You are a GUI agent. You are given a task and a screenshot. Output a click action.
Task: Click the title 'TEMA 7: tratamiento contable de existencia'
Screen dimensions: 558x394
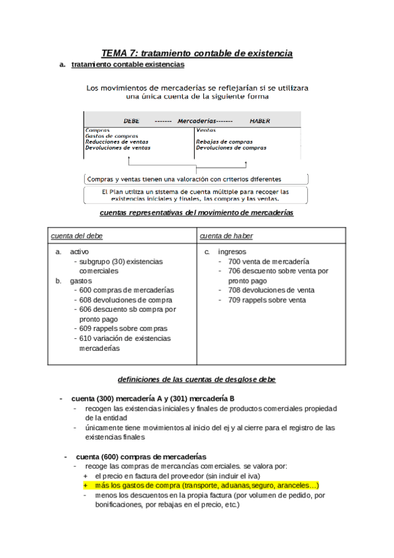[x=197, y=53]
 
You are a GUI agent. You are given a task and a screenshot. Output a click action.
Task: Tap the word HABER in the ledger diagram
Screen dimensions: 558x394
[x=260, y=121]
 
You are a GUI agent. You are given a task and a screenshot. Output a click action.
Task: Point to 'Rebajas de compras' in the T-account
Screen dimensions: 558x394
[x=224, y=141]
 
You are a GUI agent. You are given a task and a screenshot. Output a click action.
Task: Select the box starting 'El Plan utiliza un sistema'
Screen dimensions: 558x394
[x=196, y=195]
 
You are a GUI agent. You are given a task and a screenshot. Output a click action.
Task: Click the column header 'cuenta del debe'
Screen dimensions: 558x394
[x=78, y=236]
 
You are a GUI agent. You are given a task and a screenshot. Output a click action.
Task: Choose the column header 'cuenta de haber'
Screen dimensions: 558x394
[x=226, y=236]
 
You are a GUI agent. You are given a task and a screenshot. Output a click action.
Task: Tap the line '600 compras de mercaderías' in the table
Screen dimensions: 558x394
[x=126, y=290]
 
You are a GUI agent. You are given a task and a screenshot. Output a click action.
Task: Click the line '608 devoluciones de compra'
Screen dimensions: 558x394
[x=126, y=299]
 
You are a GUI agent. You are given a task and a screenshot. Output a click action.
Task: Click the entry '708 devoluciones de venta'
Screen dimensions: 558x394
[x=271, y=290]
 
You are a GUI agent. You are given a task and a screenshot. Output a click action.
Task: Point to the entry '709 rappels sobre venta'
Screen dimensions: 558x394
[x=266, y=300]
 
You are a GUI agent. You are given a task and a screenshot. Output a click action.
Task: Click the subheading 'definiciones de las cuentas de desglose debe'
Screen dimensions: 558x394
[x=196, y=379]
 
